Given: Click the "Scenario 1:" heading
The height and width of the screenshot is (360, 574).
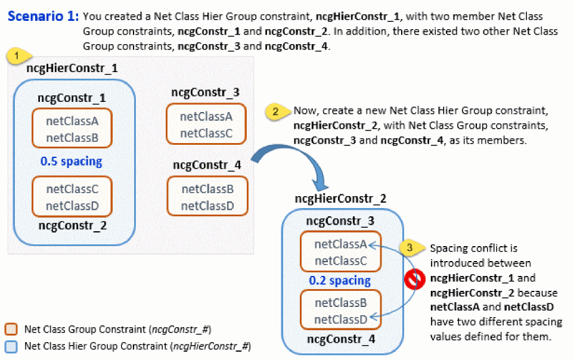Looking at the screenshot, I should pyautogui.click(x=43, y=17).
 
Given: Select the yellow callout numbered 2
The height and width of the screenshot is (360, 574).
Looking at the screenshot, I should pyautogui.click(x=275, y=111).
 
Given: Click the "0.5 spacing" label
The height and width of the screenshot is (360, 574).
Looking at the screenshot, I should pyautogui.click(x=71, y=161).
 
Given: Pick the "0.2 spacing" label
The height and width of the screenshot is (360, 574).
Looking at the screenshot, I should pyautogui.click(x=339, y=280).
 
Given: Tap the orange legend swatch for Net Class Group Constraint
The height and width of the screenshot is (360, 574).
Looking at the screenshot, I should pyautogui.click(x=11, y=329).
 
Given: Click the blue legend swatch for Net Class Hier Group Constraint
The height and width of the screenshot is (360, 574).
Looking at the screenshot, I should pyautogui.click(x=11, y=345).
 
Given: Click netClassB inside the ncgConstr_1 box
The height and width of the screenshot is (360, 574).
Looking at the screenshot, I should pyautogui.click(x=72, y=138).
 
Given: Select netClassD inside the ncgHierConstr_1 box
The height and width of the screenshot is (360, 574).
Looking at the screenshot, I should pyautogui.click(x=72, y=206).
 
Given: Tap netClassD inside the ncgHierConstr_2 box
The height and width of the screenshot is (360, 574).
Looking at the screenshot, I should pyautogui.click(x=340, y=319).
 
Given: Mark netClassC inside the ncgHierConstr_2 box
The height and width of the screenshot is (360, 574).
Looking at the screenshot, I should pyautogui.click(x=340, y=260).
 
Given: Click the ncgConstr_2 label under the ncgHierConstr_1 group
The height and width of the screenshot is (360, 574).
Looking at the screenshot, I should pyautogui.click(x=72, y=225).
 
